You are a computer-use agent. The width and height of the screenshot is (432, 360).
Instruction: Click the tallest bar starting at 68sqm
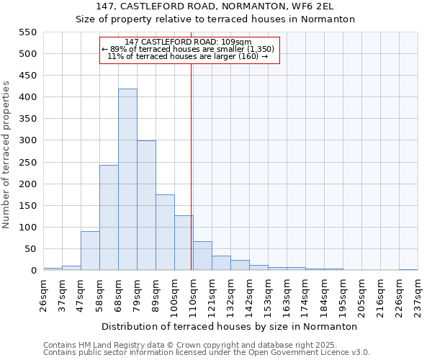pos(127,180)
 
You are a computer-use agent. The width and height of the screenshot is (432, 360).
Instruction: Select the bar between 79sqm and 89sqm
pos(146,206)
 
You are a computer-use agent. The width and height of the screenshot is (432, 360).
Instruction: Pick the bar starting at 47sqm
pos(90,251)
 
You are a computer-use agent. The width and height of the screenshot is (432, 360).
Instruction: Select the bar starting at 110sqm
pos(202,256)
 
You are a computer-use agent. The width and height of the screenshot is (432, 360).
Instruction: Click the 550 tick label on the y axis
pos(27,32)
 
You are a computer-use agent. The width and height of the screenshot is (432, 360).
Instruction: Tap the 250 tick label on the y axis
pos(27,163)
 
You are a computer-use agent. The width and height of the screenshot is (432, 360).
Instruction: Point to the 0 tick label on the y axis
pos(33,271)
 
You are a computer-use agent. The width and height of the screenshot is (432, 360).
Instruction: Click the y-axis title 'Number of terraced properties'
pos(7,154)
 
